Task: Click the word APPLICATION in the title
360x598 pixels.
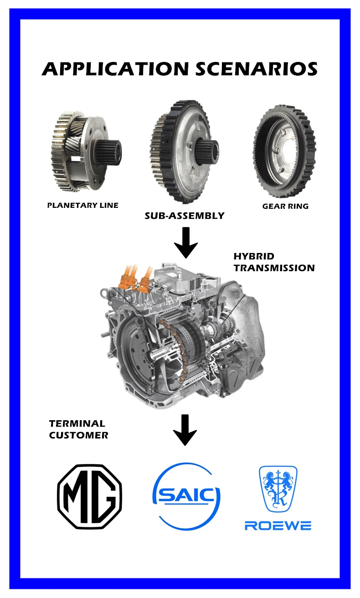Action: pos(115,69)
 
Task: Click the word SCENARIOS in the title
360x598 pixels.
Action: pos(257,69)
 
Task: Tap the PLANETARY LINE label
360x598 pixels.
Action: pos(83,205)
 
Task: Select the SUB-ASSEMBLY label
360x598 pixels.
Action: pos(185,216)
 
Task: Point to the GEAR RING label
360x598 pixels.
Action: pos(285,206)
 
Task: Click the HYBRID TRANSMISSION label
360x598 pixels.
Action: pos(274,262)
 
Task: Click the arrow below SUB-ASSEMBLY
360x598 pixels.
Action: pos(186,242)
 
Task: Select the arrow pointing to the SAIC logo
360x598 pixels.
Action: pos(185,430)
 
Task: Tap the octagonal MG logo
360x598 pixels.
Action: pos(90,496)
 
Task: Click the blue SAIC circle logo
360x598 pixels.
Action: pos(186,496)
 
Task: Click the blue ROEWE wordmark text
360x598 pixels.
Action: pos(278,526)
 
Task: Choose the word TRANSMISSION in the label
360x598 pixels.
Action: pos(274,268)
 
